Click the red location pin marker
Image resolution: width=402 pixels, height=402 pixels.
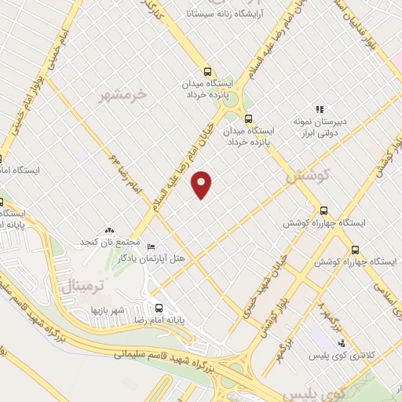[x=203, y=184]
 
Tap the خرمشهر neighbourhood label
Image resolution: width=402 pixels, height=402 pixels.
[x=123, y=96]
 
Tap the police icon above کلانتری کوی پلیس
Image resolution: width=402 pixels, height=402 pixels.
[x=342, y=343]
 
